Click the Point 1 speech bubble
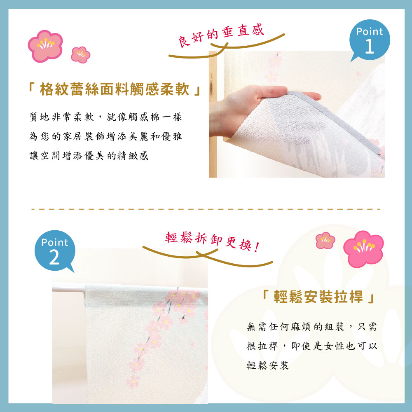370,40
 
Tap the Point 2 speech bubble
55,250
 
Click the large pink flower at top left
45,46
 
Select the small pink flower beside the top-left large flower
80,55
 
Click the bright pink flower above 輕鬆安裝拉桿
363,248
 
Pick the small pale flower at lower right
325,241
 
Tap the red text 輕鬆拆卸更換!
212,241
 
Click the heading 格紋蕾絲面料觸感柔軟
114,89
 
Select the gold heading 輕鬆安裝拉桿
318,297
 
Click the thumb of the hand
311,96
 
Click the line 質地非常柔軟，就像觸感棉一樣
106,117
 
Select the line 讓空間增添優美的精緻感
89,156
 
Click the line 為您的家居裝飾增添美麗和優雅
105,136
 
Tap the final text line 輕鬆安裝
268,365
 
